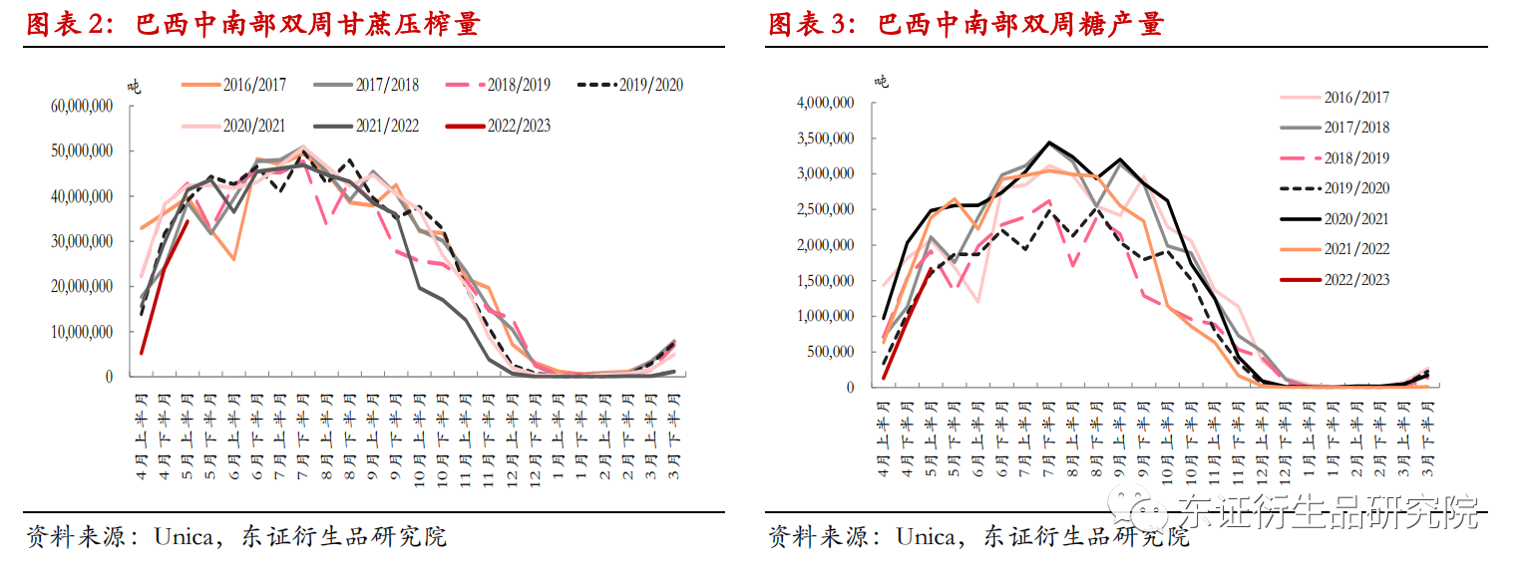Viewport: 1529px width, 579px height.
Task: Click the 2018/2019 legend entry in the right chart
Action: click(1356, 157)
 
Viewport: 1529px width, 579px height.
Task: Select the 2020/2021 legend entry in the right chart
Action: click(1356, 218)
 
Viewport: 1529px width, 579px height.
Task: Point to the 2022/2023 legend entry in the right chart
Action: click(1356, 280)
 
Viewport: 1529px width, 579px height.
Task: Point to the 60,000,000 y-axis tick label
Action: click(82, 106)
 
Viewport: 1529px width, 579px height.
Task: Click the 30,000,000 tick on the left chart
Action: click(82, 241)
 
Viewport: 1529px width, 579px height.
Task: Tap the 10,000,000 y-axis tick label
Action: click(82, 332)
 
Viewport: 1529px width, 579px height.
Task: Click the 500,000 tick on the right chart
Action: click(830, 352)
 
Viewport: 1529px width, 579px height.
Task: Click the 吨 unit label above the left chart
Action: click(134, 85)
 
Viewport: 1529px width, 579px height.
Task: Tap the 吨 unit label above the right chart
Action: click(881, 81)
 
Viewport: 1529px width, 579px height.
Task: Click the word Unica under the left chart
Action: click(184, 537)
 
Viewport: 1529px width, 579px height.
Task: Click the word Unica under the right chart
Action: click(926, 537)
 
